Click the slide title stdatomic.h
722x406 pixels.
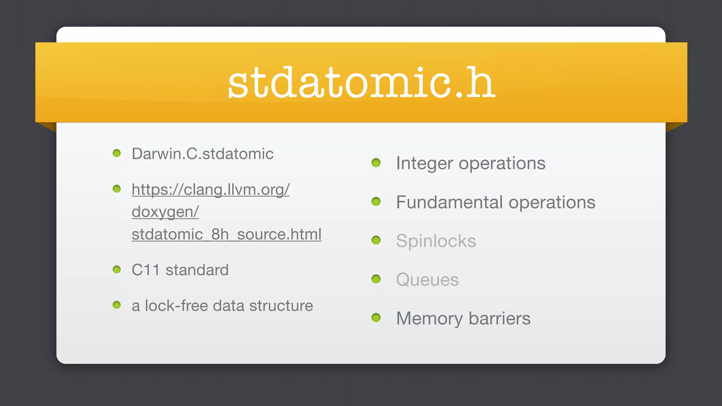point(361,83)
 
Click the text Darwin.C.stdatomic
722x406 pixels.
point(202,154)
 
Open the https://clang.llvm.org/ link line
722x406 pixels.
point(210,190)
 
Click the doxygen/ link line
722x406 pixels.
point(165,212)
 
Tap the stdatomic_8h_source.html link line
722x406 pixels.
point(226,234)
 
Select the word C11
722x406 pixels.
point(145,270)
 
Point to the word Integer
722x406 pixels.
point(424,163)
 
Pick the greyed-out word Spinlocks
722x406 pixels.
point(436,241)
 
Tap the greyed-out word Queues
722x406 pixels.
point(427,280)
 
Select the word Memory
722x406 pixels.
point(429,319)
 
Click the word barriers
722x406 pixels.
point(500,319)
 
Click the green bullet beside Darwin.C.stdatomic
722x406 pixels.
point(117,153)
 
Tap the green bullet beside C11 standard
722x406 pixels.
point(117,270)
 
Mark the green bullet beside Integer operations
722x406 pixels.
point(376,162)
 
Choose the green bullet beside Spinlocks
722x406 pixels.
point(376,240)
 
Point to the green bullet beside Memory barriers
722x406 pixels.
point(376,318)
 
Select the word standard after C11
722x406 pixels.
point(197,270)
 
